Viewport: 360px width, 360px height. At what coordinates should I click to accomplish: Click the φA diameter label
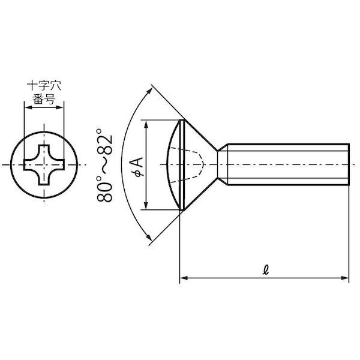click(139, 167)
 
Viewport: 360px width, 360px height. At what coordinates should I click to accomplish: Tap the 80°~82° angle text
click(104, 166)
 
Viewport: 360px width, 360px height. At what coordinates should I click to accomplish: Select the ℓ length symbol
click(266, 270)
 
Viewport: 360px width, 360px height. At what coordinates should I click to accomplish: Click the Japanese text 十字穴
click(44, 86)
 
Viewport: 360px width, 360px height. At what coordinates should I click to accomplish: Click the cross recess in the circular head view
click(44, 164)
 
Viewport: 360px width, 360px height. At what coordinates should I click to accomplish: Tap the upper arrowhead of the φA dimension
click(146, 124)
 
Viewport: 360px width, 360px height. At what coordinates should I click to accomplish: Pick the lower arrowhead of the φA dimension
click(146, 205)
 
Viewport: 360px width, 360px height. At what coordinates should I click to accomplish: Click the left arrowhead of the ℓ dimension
click(184, 278)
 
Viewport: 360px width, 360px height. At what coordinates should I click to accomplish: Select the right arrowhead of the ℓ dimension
click(344, 278)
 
